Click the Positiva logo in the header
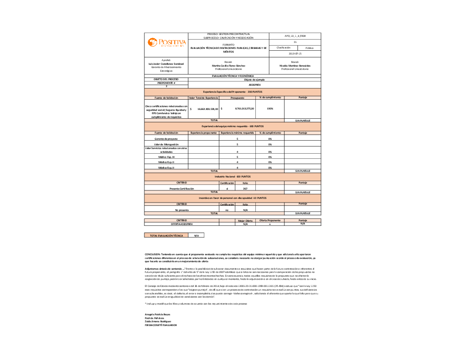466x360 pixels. click(x=166, y=43)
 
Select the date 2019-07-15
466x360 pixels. click(x=295, y=54)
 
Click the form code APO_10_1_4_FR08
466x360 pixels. click(x=295, y=35)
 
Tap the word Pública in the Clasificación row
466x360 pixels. click(x=309, y=48)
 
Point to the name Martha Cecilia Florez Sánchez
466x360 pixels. click(x=228, y=66)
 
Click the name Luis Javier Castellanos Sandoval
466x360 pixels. click(x=166, y=63)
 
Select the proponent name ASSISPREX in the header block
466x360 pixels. click(x=254, y=86)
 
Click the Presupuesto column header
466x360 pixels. click(x=237, y=98)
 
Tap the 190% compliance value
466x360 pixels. click(x=270, y=109)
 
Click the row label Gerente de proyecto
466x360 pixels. click(x=166, y=139)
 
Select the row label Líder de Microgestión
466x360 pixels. click(x=166, y=145)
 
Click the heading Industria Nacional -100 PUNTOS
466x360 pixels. click(x=233, y=177)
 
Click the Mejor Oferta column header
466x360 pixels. click(x=245, y=220)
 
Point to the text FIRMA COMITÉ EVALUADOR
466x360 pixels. click(x=161, y=325)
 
